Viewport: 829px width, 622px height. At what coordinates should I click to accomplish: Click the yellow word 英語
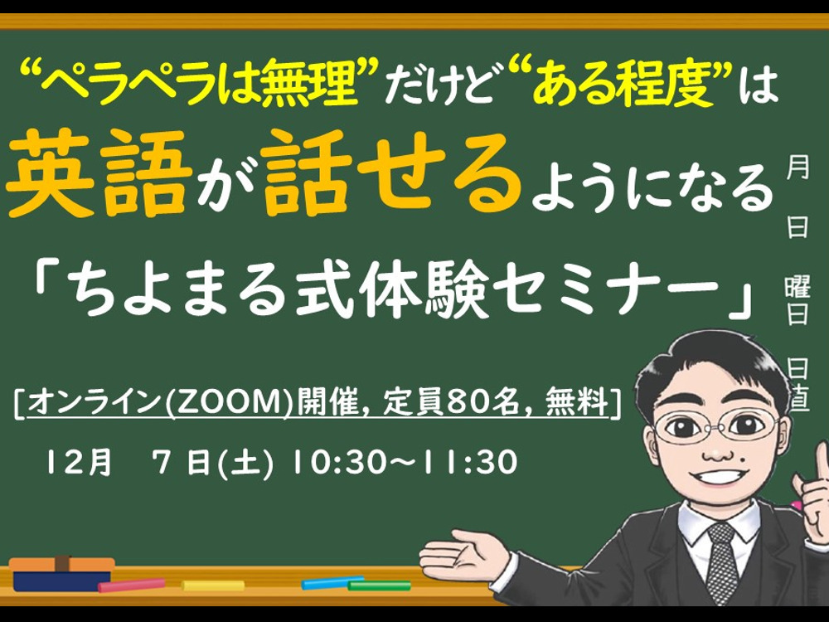coord(99,173)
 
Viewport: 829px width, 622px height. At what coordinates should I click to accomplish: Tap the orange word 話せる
coord(390,173)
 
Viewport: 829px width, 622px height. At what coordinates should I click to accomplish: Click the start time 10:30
coord(339,462)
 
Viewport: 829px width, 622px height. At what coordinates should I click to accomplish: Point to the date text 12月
coord(80,462)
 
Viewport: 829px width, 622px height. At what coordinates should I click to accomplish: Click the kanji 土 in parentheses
coord(247,462)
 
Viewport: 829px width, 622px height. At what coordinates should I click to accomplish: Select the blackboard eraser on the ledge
coord(62,573)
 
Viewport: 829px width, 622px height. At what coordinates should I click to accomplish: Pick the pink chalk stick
coord(132,585)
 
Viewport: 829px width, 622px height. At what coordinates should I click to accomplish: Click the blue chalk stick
coord(332,582)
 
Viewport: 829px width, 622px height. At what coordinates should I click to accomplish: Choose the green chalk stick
coord(379,586)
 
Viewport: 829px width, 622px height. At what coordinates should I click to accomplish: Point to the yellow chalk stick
coord(213,586)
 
